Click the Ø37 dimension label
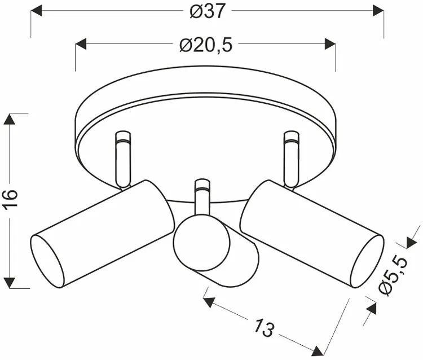pyautogui.click(x=207, y=12)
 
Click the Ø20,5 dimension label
pyautogui.click(x=206, y=45)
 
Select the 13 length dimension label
pyautogui.click(x=265, y=327)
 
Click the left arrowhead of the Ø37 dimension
pyautogui.click(x=37, y=11)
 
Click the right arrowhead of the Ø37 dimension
pyautogui.click(x=378, y=11)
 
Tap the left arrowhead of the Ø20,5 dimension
pyautogui.click(x=81, y=44)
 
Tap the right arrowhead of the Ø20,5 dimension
pyautogui.click(x=330, y=44)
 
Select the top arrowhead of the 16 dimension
pyautogui.click(x=10, y=119)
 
